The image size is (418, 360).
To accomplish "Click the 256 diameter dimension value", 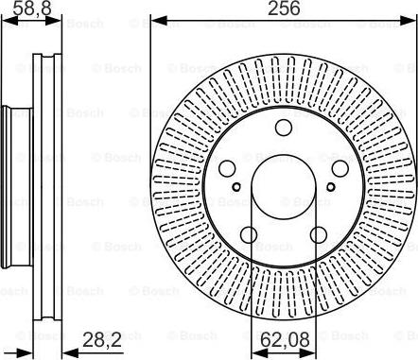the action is (284, 9).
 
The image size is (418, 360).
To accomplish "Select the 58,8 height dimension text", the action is (32, 9).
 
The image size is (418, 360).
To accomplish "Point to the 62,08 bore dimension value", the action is (286, 339).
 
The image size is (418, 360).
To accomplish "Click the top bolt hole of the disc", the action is (284, 128).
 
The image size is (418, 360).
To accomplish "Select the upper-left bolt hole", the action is (227, 168).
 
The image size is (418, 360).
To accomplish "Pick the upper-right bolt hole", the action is (340, 168).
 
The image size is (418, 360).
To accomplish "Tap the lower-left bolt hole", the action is (249, 234).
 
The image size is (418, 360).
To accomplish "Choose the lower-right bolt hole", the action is (319, 234).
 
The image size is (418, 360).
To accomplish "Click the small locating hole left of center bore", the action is (236, 187).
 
